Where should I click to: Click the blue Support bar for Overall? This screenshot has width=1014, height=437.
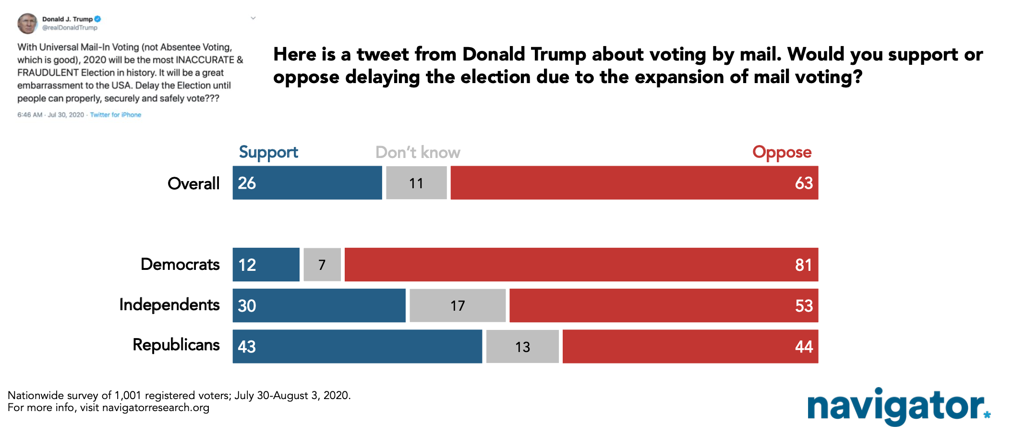coord(307,182)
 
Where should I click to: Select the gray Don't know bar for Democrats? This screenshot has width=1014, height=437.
coord(322,265)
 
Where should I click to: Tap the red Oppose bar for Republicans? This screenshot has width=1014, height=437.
coord(690,346)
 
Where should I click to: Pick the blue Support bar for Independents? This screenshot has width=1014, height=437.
coord(319,305)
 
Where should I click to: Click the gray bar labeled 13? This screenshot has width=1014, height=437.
coord(522,346)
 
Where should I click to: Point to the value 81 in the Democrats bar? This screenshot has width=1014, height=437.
coord(803,265)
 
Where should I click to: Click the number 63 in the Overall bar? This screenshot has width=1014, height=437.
coord(804,183)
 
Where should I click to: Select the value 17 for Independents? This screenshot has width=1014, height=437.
coord(458,306)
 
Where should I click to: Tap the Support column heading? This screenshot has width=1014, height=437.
coord(268,153)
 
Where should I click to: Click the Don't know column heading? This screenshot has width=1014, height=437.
coord(418,153)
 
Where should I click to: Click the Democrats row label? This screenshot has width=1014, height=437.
coord(180,265)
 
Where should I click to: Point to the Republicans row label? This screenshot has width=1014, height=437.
coord(176,345)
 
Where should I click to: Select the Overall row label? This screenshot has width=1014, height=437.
coord(193,183)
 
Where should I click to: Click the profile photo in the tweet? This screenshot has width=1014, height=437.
coord(27,23)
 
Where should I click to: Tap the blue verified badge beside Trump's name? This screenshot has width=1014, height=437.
coord(97,19)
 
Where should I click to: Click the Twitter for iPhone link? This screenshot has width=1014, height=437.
coord(116,115)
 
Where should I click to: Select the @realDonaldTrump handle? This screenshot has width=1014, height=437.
coord(70,28)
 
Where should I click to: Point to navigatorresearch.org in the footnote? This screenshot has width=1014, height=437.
coord(156,408)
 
